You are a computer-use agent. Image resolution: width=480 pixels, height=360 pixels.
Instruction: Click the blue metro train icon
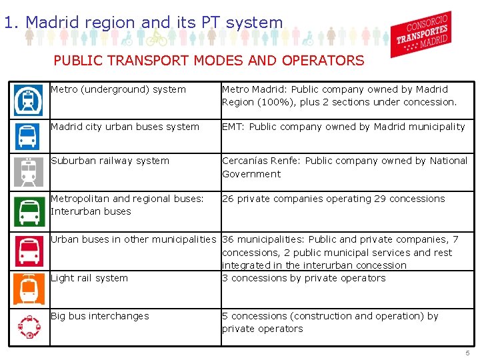point(28,101)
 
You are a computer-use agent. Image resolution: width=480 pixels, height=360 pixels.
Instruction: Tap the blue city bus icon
point(28,136)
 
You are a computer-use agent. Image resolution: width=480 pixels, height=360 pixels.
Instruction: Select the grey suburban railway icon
point(28,172)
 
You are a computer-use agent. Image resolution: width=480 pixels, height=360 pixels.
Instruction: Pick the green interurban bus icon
point(28,211)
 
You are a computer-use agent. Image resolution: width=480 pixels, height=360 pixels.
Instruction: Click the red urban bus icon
point(28,251)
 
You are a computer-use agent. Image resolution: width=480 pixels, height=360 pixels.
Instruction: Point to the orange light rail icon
point(28,289)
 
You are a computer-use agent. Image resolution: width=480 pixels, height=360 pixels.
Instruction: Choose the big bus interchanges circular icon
point(28,327)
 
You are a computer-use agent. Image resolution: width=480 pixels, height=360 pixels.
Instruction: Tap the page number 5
point(467,353)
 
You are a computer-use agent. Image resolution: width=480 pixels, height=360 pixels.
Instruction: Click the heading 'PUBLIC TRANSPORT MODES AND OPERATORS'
point(209,61)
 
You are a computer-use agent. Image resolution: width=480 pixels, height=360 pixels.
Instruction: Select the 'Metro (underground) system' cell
point(118,89)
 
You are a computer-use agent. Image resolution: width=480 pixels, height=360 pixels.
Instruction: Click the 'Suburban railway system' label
point(110,161)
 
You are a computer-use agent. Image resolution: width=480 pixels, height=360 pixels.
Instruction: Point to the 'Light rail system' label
point(89,278)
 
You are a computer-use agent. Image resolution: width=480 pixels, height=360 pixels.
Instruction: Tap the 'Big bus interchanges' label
point(100,316)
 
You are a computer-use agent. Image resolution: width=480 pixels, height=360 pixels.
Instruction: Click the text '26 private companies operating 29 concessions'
point(333,199)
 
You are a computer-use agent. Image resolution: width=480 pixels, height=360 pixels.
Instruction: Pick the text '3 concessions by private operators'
point(304,278)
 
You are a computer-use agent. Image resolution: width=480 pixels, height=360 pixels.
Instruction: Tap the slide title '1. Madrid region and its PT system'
point(143,22)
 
